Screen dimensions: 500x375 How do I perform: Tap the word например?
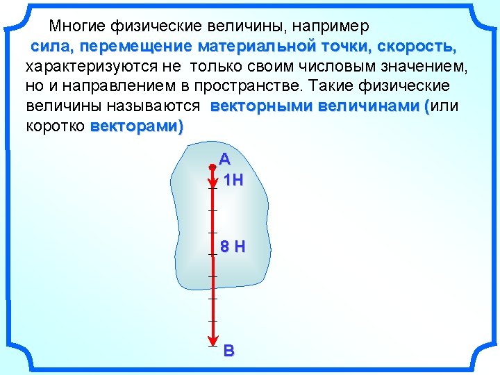331,26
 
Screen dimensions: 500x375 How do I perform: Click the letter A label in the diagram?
224,158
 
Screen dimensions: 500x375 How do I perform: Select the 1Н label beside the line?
233,181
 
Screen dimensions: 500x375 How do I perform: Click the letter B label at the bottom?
229,351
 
